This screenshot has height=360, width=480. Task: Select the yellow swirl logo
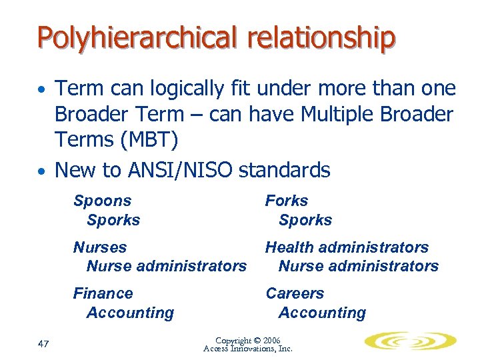(x=409, y=341)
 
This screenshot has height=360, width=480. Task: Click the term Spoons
(x=102, y=201)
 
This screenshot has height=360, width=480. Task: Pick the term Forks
(x=287, y=201)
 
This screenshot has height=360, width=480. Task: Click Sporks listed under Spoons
(x=113, y=220)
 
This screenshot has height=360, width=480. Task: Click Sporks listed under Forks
(x=305, y=220)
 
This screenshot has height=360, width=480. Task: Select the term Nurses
(x=100, y=247)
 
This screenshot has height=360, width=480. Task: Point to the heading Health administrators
(x=347, y=247)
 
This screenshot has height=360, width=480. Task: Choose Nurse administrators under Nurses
(x=167, y=266)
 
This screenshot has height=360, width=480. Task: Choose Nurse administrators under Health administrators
(x=358, y=266)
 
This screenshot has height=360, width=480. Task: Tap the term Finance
(x=103, y=293)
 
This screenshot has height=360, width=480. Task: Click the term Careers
(x=295, y=293)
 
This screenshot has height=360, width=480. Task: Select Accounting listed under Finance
(x=130, y=313)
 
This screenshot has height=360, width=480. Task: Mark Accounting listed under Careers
(x=322, y=313)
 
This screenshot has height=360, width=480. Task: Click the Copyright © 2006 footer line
(x=248, y=340)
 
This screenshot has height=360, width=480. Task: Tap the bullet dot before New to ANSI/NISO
(x=41, y=171)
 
